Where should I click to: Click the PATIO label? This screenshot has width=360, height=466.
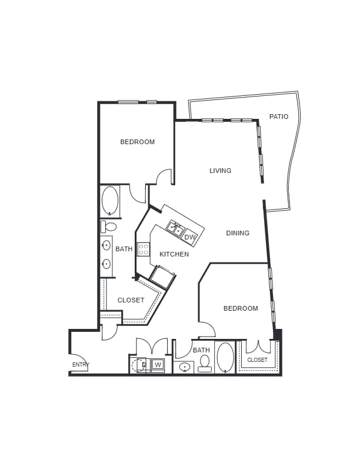point(279,116)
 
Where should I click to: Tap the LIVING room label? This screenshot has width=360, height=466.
point(221,171)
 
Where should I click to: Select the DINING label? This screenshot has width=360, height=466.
point(238,233)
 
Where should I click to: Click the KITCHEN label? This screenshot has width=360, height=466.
point(174,254)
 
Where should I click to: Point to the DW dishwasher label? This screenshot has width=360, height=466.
point(189,237)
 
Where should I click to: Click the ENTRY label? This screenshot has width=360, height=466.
point(81,365)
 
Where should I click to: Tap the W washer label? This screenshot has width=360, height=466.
point(158,365)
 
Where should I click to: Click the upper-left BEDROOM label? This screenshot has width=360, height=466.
point(138,142)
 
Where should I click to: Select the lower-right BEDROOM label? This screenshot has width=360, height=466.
point(241,308)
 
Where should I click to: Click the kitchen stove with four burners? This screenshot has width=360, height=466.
point(144,249)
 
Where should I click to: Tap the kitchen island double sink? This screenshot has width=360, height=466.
point(175,228)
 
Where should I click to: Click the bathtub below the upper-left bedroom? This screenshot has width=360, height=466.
point(110,201)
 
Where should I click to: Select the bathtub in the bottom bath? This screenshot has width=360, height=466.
point(225,357)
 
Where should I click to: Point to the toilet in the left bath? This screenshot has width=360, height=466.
point(109,227)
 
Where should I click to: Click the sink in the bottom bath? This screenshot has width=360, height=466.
point(184,367)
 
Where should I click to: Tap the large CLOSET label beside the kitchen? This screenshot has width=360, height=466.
point(131,300)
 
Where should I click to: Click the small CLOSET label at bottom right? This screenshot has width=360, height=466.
point(257,360)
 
